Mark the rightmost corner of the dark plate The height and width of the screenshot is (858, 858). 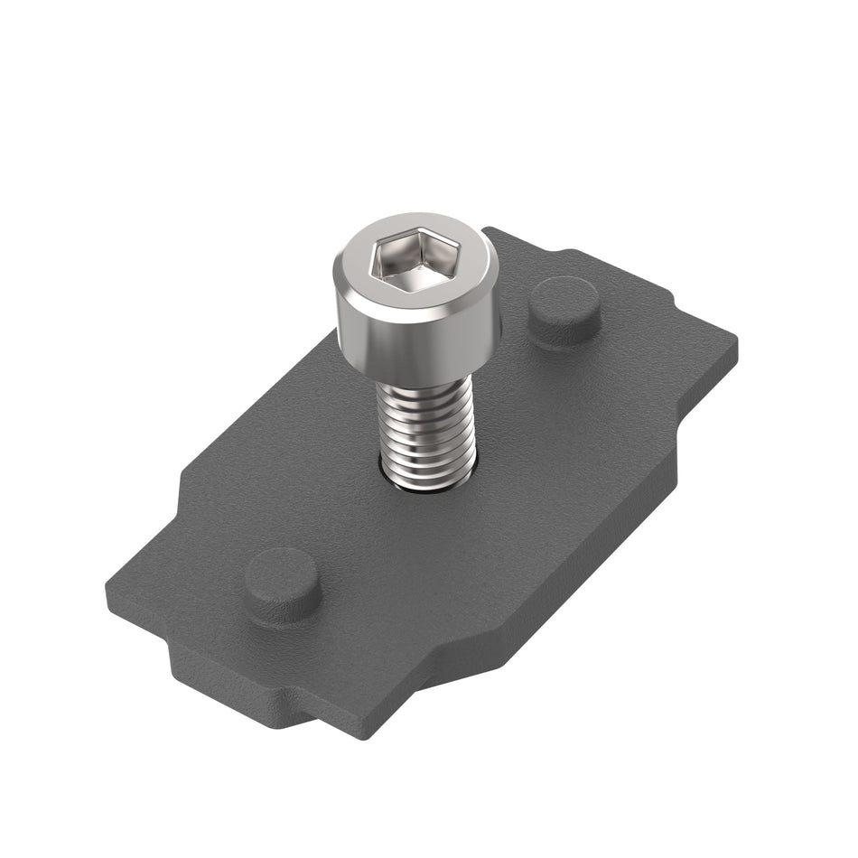(x=735, y=343)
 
